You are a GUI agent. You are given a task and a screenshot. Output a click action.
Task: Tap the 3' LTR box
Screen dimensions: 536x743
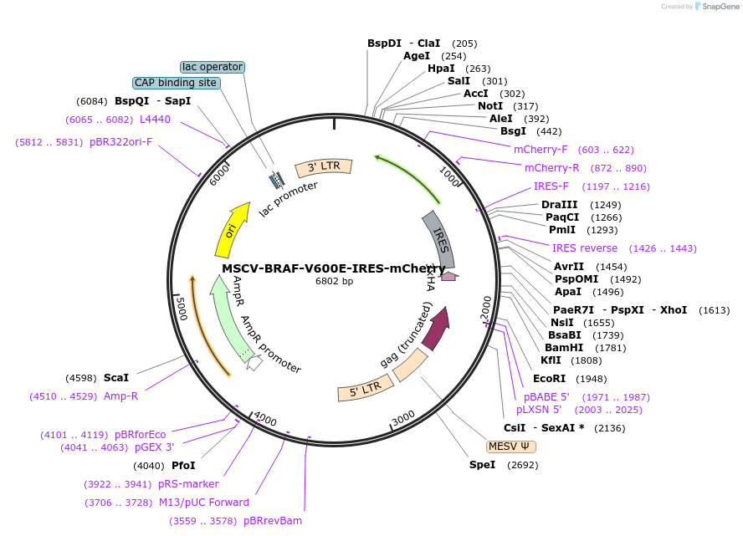point(324,167)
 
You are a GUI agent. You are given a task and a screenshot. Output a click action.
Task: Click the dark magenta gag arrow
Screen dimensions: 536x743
point(436,329)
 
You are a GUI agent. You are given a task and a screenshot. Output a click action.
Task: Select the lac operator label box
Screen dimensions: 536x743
point(213,67)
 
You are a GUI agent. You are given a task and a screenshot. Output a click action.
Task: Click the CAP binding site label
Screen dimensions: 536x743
point(176,83)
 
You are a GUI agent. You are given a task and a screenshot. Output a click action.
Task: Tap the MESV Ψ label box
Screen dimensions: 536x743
point(510,447)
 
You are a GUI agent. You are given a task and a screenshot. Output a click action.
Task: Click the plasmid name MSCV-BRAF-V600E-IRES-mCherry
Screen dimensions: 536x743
point(334,268)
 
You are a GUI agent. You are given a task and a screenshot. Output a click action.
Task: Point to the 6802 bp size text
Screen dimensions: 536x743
point(334,281)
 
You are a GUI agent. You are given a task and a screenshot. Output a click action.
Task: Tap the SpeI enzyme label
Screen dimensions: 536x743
point(482,464)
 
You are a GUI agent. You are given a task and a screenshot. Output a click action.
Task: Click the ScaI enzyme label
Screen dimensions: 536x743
point(116,378)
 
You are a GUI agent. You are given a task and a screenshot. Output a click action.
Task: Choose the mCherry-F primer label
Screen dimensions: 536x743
point(541,149)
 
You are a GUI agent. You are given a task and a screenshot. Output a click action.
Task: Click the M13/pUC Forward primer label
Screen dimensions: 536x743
point(203,503)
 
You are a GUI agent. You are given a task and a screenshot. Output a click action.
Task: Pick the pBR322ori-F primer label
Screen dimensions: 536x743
point(120,142)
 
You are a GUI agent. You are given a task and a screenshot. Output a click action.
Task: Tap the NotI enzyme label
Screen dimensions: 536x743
point(490,106)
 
